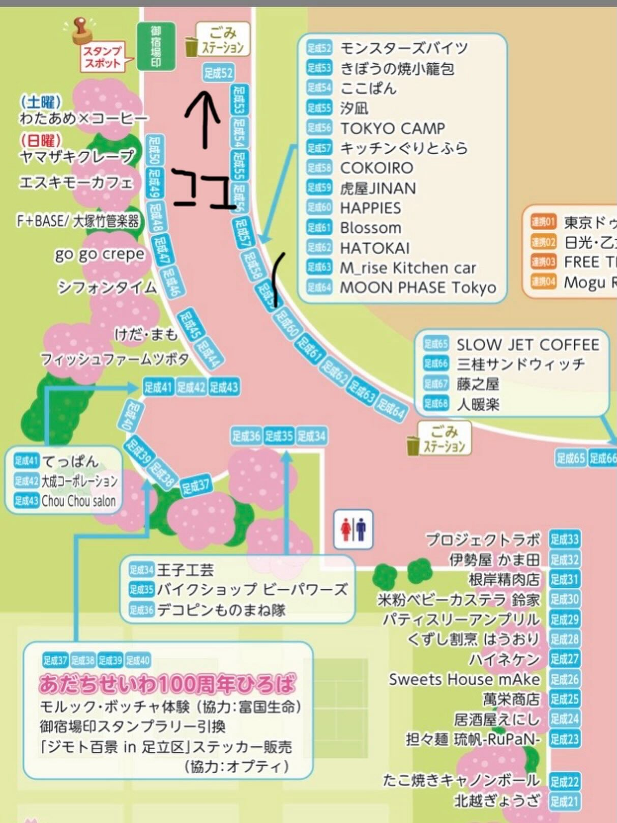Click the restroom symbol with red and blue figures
click(x=354, y=529)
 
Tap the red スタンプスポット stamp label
click(x=102, y=57)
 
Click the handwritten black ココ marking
click(x=203, y=189)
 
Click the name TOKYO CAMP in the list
click(x=392, y=128)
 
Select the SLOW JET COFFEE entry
click(x=527, y=345)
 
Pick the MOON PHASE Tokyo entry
click(x=418, y=288)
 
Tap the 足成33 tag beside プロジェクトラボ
click(x=564, y=539)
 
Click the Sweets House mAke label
click(x=464, y=679)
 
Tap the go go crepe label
click(x=100, y=254)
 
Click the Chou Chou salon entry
click(x=78, y=501)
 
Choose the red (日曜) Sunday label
click(x=41, y=140)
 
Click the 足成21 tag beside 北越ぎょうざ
click(x=564, y=802)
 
